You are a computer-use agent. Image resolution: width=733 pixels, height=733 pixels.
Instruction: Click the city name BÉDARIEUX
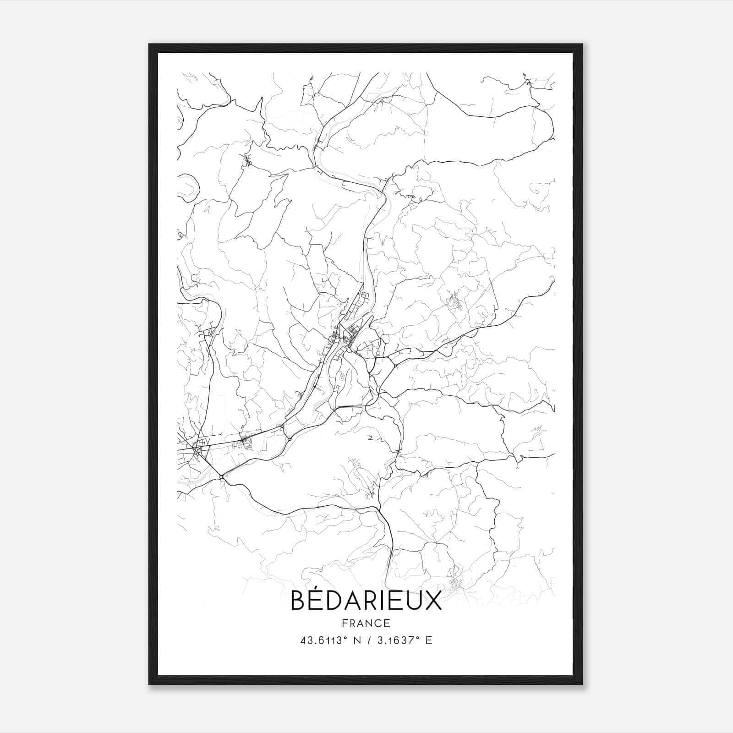point(366,601)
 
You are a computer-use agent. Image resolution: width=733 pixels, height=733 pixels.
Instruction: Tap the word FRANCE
point(366,623)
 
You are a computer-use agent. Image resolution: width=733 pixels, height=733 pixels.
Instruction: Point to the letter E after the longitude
point(429,640)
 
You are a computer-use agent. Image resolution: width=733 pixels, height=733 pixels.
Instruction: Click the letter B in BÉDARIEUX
point(298,602)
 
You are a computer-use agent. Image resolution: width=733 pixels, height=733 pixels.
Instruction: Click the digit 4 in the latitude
point(303,640)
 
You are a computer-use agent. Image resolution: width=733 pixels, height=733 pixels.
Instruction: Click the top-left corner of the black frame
point(149,44)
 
